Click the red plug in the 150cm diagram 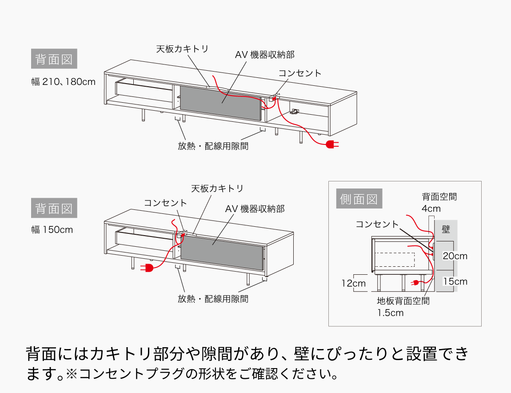[x=148, y=267]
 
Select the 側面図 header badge [x=359, y=199]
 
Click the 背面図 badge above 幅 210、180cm [x=54, y=59]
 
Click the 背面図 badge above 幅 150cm [x=54, y=208]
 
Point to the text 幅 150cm [x=52, y=230]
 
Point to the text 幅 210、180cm [x=64, y=82]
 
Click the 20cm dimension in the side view [x=455, y=256]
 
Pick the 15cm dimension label [x=455, y=281]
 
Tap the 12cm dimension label [x=353, y=283]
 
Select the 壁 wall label [x=446, y=229]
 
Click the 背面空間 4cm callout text [x=439, y=202]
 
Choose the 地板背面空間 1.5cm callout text [x=403, y=306]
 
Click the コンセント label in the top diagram [x=299, y=73]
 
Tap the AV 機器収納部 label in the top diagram [x=265, y=55]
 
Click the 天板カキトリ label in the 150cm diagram [x=217, y=188]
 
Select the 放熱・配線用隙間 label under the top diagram [x=213, y=146]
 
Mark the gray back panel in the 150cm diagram [x=222, y=252]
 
